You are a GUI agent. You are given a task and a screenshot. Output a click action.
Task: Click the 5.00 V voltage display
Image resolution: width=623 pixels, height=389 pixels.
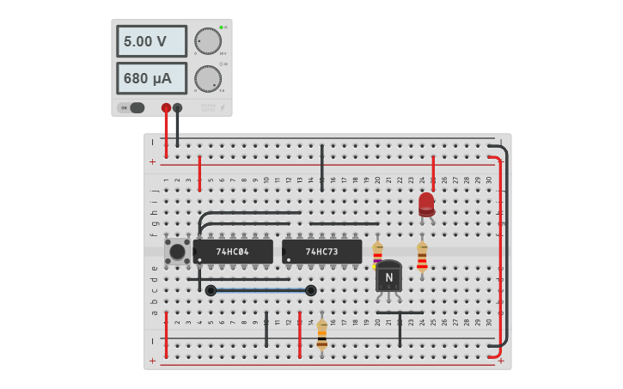click(x=151, y=41)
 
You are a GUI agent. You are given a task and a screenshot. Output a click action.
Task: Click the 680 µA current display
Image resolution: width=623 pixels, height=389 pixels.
click(x=151, y=78)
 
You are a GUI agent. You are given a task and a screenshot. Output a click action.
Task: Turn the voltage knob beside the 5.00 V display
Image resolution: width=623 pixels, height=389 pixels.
click(x=207, y=40)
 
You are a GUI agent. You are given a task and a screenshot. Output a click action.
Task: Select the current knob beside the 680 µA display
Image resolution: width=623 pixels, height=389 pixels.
click(x=207, y=78)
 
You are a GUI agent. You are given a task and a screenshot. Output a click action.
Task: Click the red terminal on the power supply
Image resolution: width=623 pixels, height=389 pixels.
click(x=166, y=108)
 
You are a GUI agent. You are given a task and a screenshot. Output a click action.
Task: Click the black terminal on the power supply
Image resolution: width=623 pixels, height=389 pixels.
click(x=177, y=108)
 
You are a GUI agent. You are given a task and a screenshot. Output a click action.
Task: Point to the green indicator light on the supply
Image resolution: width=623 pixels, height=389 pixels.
click(x=221, y=27)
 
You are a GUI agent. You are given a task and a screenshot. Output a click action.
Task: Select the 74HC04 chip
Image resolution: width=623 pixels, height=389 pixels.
click(x=233, y=252)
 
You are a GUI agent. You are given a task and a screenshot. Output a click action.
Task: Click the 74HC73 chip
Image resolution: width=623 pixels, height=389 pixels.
click(x=321, y=252)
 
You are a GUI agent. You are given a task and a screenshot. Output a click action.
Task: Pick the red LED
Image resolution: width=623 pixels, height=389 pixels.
click(x=426, y=204)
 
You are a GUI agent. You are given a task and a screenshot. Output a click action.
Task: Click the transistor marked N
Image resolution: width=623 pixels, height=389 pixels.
click(x=388, y=277)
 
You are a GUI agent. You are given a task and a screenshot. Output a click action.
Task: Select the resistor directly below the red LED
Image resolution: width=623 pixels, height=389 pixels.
click(x=422, y=256)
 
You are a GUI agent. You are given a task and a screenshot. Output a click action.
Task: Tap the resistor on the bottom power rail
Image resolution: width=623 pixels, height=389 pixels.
click(x=321, y=334)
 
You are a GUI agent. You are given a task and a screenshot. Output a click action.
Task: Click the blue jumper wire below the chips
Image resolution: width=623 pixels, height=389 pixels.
click(x=260, y=290)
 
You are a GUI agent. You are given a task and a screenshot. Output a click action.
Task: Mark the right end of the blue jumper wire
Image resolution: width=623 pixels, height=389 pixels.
click(x=310, y=290)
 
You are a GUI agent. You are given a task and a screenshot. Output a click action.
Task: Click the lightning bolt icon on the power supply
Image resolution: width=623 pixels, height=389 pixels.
click(x=223, y=108)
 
